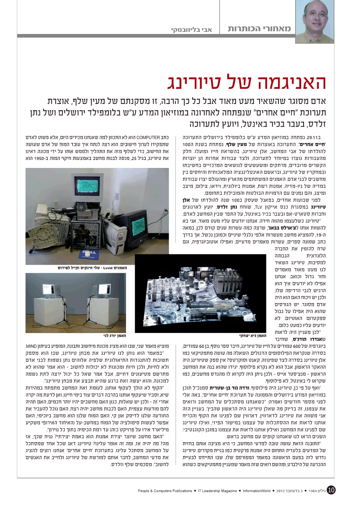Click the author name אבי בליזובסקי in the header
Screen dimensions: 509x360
click(x=194, y=30)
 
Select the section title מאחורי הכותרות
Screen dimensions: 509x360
click(x=259, y=29)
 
